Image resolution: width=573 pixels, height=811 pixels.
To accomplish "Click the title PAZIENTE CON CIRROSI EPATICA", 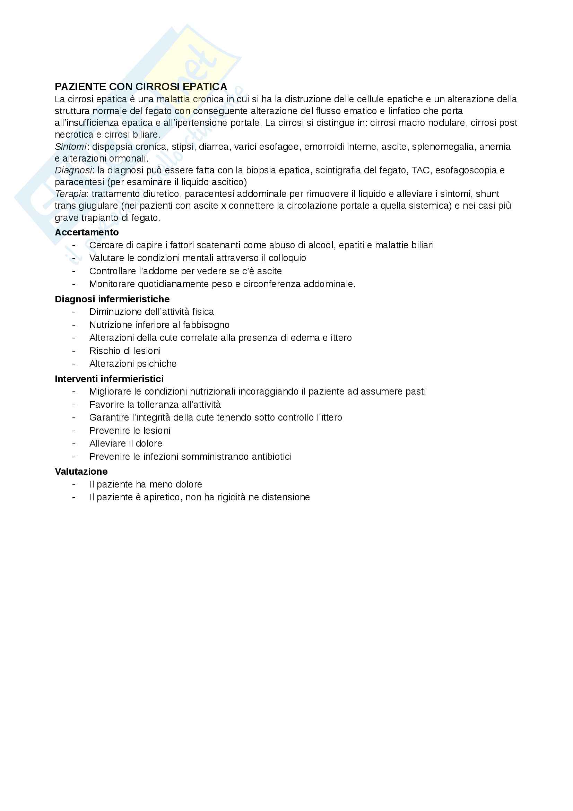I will coord(141,87).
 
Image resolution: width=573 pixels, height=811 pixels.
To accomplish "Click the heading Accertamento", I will coord(87,232).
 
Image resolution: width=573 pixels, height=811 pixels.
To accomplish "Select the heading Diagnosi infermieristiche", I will coord(112,299).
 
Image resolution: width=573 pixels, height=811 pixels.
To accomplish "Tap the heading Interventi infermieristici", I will coord(109,379).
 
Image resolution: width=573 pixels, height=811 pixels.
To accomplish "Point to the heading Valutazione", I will coord(81,471).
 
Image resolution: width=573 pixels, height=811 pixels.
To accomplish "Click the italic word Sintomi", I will coord(71,147).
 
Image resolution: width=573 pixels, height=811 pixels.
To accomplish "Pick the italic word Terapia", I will coord(71,194).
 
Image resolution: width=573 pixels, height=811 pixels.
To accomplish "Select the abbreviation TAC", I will coord(420,170).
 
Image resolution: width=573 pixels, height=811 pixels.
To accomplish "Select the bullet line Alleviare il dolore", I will coord(126,443).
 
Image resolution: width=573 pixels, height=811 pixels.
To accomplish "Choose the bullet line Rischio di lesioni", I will coord(125,351).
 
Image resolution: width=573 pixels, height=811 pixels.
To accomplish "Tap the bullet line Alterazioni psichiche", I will coord(133,363).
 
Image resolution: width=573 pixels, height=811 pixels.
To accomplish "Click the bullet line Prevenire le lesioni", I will coord(130,431).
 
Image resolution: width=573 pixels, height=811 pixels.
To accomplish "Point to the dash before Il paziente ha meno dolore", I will coord(74,484).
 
